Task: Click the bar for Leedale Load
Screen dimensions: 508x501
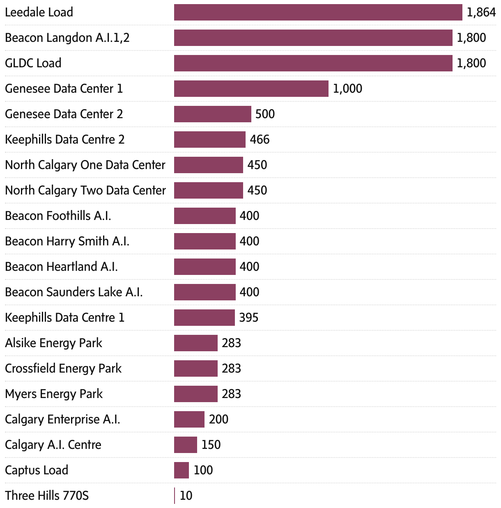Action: click(x=318, y=12)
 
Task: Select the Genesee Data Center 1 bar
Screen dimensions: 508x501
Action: click(x=251, y=89)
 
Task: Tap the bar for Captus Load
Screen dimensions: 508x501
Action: click(x=181, y=470)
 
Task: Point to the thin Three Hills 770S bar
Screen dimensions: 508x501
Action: click(x=175, y=496)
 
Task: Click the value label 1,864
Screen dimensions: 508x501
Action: click(x=481, y=12)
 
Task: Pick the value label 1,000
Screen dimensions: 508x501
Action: click(x=347, y=89)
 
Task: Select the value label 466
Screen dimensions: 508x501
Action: click(x=260, y=140)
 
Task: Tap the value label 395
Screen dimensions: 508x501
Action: click(x=249, y=318)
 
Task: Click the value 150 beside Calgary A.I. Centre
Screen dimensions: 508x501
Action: click(x=211, y=445)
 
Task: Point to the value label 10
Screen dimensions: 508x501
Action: click(x=186, y=496)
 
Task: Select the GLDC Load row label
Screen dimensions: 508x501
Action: click(x=33, y=63)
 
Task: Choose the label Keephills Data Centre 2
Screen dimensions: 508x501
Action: click(x=65, y=140)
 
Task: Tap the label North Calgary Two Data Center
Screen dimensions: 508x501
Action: click(x=85, y=190)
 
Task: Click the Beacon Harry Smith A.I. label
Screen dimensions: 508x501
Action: click(x=67, y=241)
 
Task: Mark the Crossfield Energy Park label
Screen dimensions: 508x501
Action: click(x=63, y=368)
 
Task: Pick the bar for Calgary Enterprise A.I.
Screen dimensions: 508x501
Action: click(x=189, y=419)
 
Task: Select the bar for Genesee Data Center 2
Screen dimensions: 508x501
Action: click(x=212, y=114)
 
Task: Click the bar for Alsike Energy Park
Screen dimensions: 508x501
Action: click(x=195, y=343)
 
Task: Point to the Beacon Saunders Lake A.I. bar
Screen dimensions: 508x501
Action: click(x=205, y=292)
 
